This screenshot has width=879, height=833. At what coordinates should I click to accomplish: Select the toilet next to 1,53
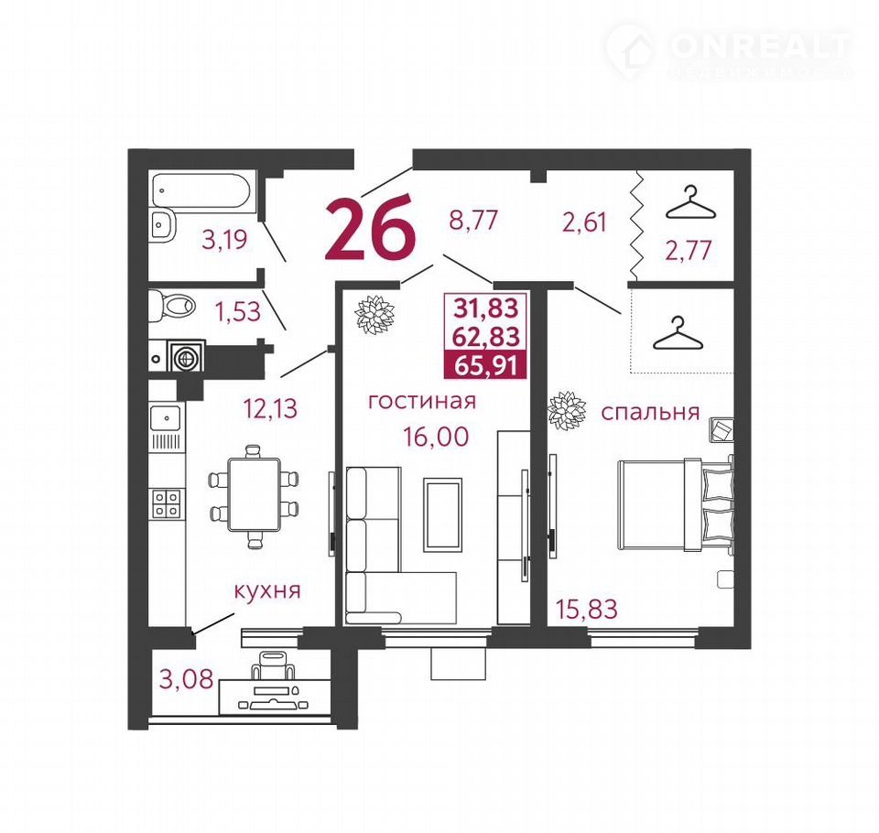(x=173, y=306)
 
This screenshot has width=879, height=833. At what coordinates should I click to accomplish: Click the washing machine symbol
(x=184, y=356)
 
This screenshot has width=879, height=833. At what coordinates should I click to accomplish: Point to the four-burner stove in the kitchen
(x=167, y=503)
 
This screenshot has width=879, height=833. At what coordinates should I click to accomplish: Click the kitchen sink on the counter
(x=165, y=418)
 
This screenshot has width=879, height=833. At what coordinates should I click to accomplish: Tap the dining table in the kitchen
(x=254, y=494)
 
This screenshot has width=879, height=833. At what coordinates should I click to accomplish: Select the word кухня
(x=267, y=590)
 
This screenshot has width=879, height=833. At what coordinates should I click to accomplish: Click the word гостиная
(x=422, y=401)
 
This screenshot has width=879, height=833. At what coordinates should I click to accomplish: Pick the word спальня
(x=650, y=413)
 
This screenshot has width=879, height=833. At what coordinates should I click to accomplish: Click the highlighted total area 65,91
(x=485, y=366)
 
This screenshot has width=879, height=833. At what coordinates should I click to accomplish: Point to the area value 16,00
(x=436, y=436)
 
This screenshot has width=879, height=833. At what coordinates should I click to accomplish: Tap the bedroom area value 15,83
(x=586, y=609)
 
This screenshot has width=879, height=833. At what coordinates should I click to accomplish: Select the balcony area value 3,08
(x=187, y=679)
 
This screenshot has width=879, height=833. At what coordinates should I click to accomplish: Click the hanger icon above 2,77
(x=690, y=204)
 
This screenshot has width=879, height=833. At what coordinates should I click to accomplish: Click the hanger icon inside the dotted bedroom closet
(x=678, y=332)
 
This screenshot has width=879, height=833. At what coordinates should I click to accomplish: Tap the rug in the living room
(x=443, y=514)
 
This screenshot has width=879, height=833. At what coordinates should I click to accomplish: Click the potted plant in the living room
(x=375, y=315)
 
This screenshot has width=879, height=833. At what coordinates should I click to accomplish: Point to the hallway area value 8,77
(x=473, y=221)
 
